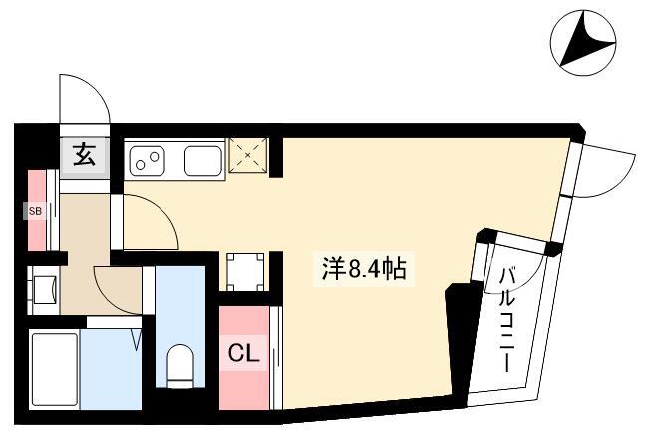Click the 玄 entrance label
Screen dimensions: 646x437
point(85,155)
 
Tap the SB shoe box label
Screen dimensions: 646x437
point(35,211)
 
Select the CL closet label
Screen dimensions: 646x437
point(244,353)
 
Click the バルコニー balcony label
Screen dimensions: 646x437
point(507,320)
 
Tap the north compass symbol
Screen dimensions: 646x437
point(583,44)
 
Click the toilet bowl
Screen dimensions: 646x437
point(180,366)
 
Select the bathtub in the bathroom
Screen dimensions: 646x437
point(55,369)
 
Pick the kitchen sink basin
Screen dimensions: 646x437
point(203,161)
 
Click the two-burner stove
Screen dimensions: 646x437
point(148,161)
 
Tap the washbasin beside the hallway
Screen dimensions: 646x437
point(44,289)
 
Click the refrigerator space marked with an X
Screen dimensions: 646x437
point(248,155)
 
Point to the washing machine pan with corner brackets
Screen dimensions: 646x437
point(245,272)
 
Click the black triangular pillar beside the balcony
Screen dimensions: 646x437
point(463,337)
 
